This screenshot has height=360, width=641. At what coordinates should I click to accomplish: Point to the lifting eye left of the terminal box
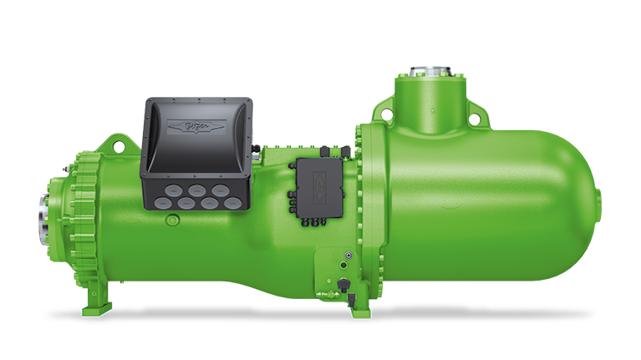[107, 149]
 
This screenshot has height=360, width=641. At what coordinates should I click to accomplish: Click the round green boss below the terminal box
[172, 221]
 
